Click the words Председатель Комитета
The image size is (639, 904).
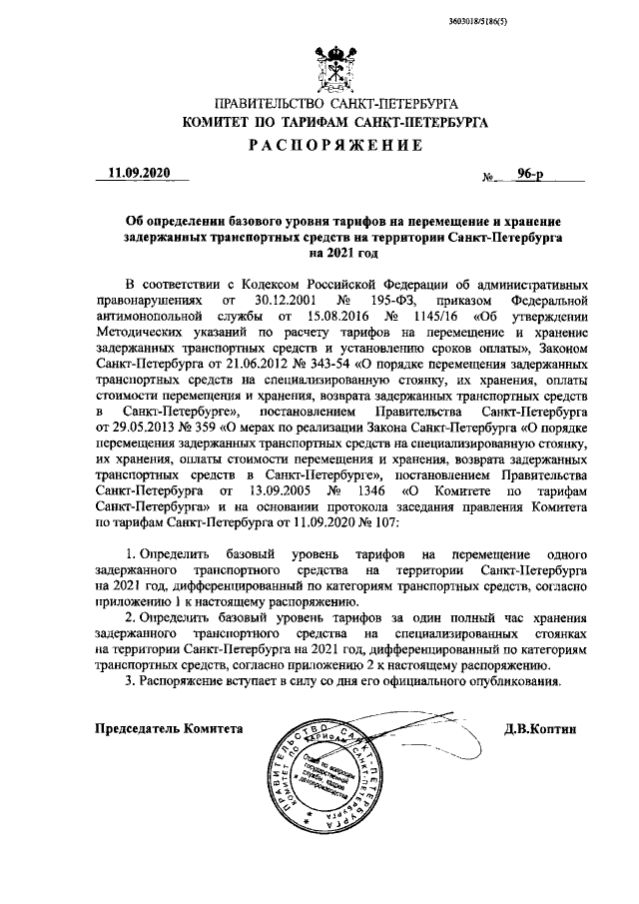click(169, 730)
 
